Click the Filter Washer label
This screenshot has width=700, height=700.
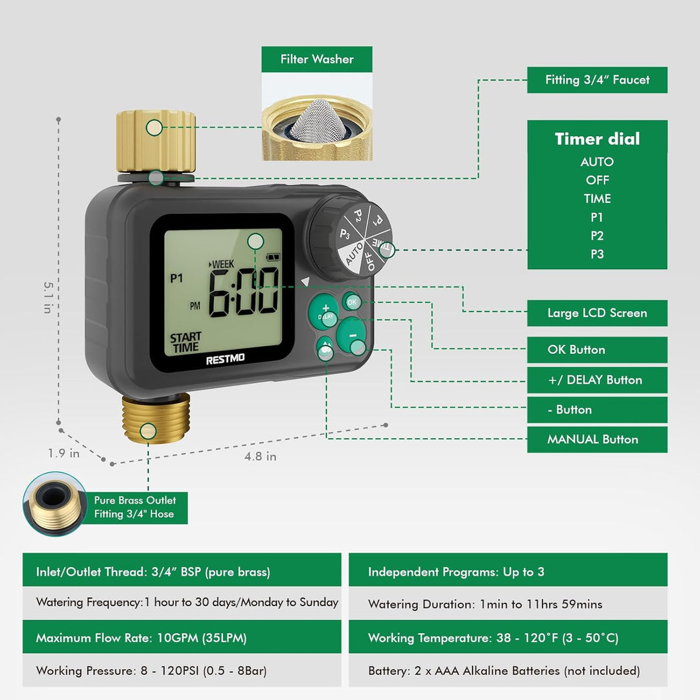317,59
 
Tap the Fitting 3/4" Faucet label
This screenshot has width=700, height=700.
597,80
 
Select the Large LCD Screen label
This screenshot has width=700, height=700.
597,313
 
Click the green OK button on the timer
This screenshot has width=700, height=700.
352,302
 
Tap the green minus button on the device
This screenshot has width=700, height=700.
352,335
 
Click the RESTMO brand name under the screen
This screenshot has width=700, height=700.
225,359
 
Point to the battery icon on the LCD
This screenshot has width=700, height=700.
273,257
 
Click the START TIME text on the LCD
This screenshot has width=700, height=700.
186,342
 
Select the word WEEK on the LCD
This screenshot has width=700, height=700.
223,264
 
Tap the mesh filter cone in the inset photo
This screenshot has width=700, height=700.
318,121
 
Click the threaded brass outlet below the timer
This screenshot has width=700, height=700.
156,419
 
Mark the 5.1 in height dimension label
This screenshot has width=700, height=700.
48,297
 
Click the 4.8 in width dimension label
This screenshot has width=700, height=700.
261,456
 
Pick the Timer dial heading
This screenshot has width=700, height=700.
597,139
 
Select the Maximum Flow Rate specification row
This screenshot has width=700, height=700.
181,638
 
